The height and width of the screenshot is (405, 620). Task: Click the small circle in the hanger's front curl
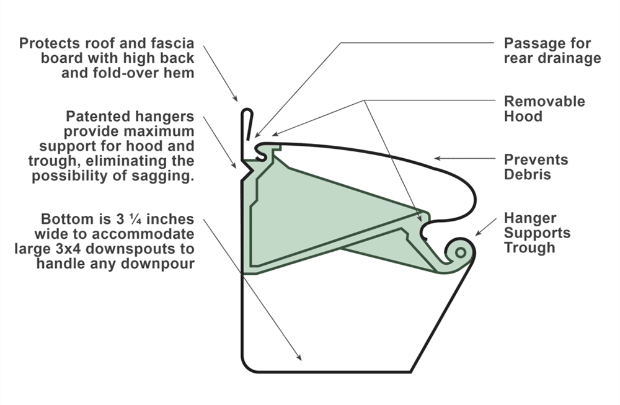[460, 252]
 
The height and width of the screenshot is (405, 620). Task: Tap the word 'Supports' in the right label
[537, 233]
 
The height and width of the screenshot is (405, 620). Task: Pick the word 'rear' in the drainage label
[519, 58]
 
